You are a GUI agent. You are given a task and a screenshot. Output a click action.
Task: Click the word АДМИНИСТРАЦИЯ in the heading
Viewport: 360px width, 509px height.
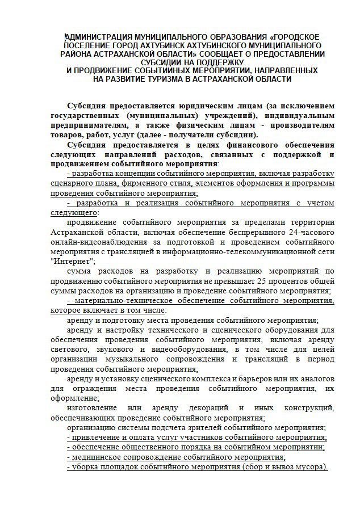(x=98, y=35)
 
